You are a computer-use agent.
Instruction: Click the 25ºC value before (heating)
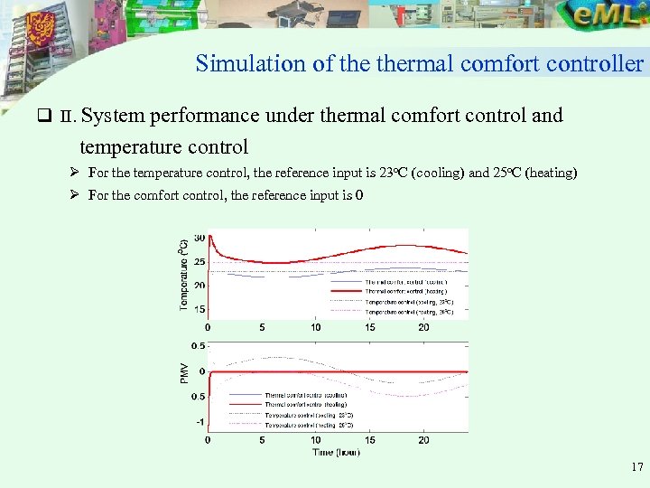coord(506,173)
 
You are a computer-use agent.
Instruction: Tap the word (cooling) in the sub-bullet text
coord(439,173)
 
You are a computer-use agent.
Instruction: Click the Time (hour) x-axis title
coord(337,452)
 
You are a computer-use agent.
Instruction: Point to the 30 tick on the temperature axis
coord(198,237)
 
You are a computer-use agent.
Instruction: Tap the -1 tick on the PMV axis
coord(198,422)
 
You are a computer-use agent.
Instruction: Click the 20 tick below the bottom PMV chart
coord(423,440)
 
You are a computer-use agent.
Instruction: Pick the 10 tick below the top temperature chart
coord(315,327)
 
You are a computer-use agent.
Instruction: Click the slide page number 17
coord(637,468)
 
